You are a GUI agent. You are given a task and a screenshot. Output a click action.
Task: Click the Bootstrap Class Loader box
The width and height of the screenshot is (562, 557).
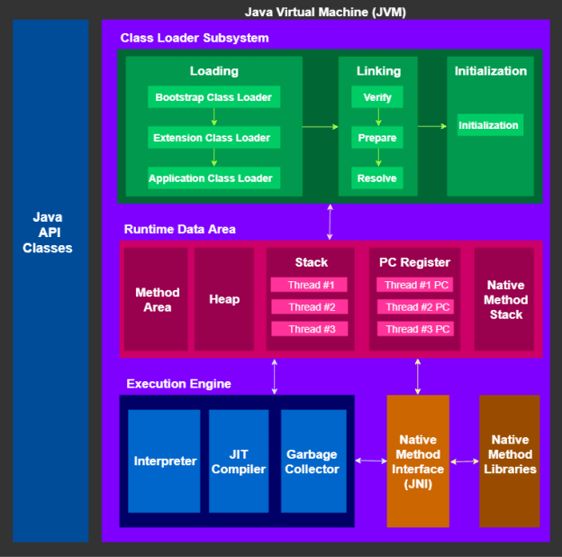[213, 97]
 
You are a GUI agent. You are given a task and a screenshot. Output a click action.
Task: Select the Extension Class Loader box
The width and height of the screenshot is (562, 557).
[213, 138]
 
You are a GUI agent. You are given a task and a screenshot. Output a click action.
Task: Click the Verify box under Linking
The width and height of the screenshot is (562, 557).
[376, 97]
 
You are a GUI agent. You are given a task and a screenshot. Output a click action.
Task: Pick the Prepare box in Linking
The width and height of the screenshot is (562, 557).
[376, 138]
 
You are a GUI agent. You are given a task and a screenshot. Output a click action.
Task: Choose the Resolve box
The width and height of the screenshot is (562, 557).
[376, 178]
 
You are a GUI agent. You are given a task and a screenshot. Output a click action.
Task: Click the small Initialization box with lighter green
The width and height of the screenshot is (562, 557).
[489, 125]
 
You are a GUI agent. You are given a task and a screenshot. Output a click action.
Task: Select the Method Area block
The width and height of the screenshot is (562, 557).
[157, 299]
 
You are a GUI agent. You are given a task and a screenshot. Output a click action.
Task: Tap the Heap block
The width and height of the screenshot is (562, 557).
[224, 299]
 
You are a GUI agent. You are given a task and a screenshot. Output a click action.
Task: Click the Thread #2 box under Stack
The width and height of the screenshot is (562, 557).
[309, 307]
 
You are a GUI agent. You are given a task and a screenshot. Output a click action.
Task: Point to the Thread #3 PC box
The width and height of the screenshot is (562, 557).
[415, 329]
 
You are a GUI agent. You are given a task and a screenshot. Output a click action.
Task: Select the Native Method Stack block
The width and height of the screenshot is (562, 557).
[505, 299]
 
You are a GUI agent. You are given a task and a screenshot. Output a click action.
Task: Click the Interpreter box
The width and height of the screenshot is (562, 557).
[165, 461]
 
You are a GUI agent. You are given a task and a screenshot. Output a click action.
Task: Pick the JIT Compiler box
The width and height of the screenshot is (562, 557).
[239, 461]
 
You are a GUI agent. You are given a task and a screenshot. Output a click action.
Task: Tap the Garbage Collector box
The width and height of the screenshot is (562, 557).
[313, 461]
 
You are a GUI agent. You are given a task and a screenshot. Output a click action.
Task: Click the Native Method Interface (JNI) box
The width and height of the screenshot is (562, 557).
[418, 461]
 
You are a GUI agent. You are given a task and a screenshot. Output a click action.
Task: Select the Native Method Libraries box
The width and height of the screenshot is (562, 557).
[510, 461]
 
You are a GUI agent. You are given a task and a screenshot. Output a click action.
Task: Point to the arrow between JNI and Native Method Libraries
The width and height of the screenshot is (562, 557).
[465, 461]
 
